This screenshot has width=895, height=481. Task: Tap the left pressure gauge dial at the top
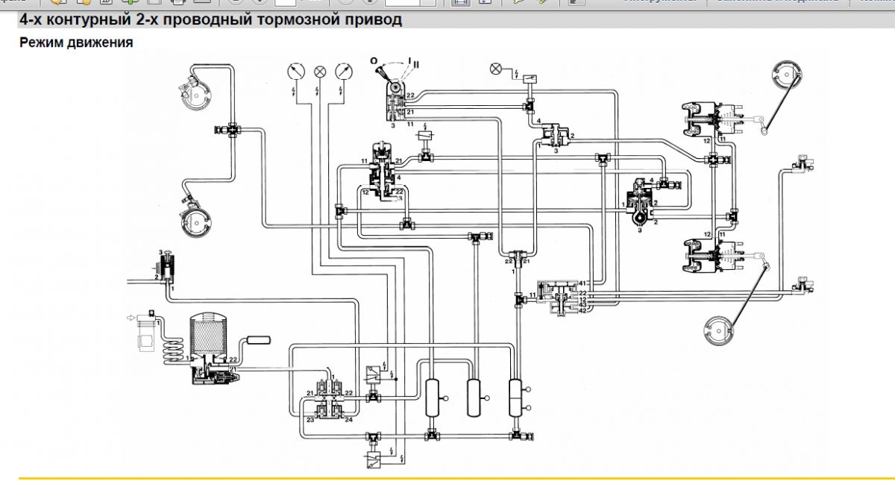295,71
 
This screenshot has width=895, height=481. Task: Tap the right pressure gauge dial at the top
344,71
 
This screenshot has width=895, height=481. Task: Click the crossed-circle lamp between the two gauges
320,72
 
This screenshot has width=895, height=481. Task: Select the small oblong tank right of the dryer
258,341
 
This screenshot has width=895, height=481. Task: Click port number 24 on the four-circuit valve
348,419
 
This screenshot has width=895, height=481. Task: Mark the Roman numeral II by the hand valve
416,66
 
